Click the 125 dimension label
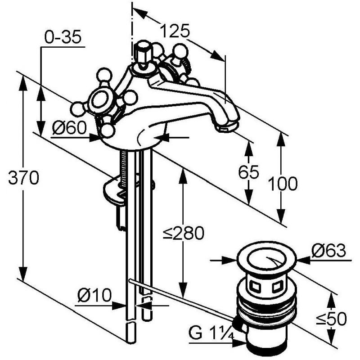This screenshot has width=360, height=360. point(175,31)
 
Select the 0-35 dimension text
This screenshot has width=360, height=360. point(63,37)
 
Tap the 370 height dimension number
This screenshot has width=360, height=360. point(24,177)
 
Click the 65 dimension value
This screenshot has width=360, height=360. point(249,172)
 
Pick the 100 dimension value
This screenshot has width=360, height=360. point(283,184)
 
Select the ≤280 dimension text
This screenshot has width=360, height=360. point(184,233)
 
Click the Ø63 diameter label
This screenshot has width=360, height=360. point(328,251)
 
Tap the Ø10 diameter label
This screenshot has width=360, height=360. point(94,295)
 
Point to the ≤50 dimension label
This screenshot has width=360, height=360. point(331,319)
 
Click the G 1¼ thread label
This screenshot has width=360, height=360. point(211,333)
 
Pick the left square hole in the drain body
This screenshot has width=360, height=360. point(255,286)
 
